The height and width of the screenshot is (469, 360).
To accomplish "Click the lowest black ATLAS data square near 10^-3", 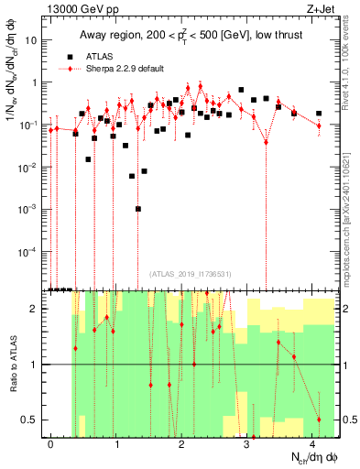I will pos(138,209).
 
